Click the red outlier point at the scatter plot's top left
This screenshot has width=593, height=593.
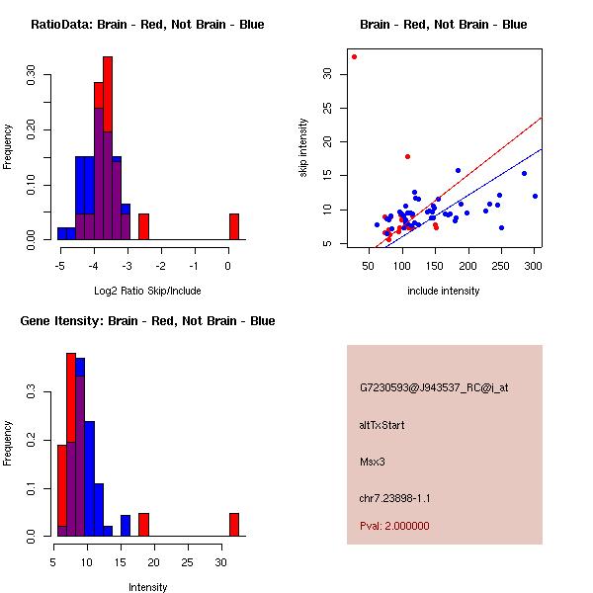(x=354, y=56)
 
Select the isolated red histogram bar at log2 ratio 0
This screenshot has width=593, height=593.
(x=233, y=226)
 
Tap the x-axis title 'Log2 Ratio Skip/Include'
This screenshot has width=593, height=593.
(x=147, y=291)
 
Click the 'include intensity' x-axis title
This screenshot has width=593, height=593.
(x=444, y=291)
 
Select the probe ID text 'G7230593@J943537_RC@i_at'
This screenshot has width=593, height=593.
(x=434, y=387)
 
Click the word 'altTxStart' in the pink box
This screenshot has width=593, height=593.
(x=382, y=425)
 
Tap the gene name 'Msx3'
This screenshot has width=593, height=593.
(x=373, y=461)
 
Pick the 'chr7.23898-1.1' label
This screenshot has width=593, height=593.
(x=394, y=497)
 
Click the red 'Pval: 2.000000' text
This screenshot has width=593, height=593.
(x=394, y=526)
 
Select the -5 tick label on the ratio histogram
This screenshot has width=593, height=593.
(x=60, y=265)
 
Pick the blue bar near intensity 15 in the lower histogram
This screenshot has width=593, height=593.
(x=126, y=525)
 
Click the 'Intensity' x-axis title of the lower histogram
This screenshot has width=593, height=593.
(x=148, y=587)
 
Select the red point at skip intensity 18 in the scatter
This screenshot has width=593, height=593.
(x=407, y=156)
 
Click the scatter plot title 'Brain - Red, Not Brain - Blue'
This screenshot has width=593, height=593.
(x=444, y=25)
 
